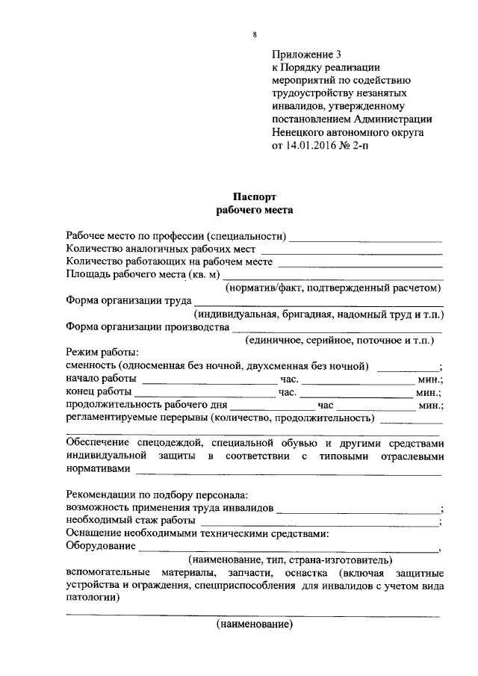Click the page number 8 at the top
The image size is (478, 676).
point(255,35)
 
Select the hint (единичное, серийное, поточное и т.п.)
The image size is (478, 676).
point(340,340)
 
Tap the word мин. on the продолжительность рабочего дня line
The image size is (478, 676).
point(430,406)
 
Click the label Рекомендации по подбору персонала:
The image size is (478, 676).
point(157,494)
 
